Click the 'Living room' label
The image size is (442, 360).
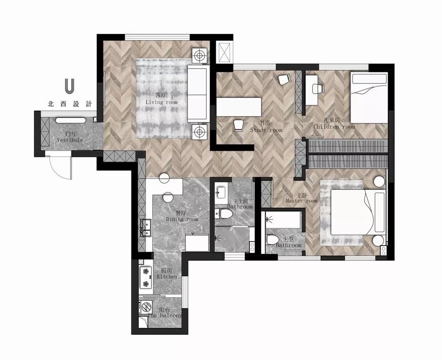161,102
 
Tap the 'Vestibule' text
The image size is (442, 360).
70,140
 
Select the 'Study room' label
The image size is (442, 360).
266,130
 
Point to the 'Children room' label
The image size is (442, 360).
334,127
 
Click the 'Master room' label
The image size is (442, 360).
301,201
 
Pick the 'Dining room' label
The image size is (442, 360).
182,219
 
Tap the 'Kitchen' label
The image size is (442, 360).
167,277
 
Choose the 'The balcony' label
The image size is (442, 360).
165,316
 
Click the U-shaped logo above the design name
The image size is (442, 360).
70,86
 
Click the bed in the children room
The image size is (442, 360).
369,97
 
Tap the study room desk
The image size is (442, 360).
239,107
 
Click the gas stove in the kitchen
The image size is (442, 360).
146,278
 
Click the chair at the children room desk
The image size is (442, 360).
318,89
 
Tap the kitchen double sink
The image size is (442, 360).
146,227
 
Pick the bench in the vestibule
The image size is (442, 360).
70,121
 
